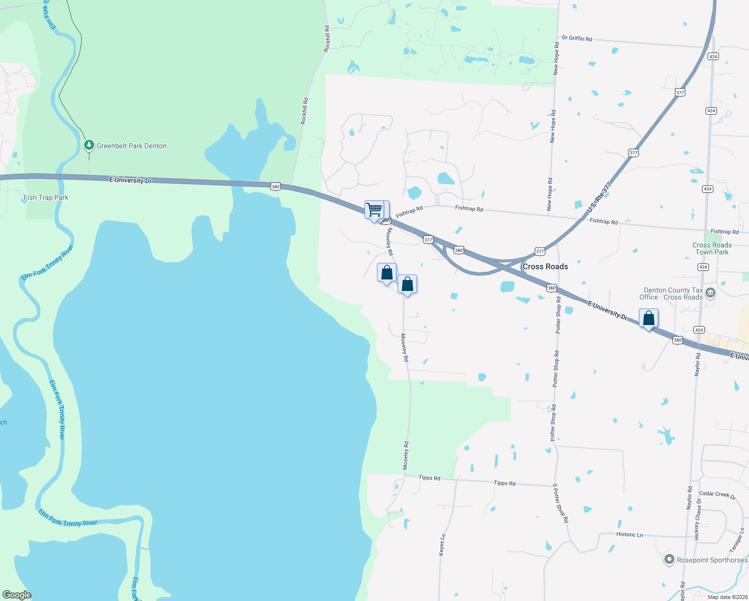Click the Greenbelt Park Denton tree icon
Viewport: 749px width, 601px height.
(x=89, y=145)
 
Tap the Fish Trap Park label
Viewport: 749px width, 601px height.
(x=46, y=197)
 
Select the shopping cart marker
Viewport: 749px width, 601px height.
(x=374, y=210)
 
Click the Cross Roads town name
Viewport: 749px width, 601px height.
(x=545, y=266)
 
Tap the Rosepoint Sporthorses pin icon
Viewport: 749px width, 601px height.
(x=669, y=559)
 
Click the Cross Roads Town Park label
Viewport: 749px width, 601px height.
(x=712, y=248)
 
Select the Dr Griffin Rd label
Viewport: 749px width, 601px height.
(x=577, y=38)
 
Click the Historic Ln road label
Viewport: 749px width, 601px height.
(x=629, y=534)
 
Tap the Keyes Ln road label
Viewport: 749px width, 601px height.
(x=442, y=544)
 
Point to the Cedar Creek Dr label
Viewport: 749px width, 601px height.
(x=717, y=495)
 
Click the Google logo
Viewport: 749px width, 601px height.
(x=17, y=595)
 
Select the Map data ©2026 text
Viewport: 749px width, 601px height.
(x=727, y=596)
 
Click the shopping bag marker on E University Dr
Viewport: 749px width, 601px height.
(x=648, y=318)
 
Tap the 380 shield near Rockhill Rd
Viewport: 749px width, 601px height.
(x=275, y=187)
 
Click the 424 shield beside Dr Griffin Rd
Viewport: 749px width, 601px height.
(x=713, y=56)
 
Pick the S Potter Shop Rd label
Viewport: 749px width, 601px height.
(x=561, y=503)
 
